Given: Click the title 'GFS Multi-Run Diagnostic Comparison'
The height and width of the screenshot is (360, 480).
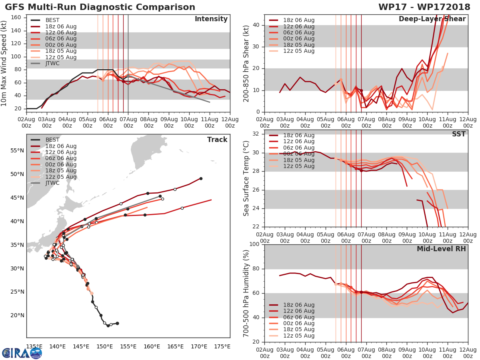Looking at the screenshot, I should [100, 7].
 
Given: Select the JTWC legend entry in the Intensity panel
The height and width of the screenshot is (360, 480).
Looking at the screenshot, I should [55, 64].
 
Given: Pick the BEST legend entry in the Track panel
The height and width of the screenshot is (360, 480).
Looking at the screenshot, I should [52, 140].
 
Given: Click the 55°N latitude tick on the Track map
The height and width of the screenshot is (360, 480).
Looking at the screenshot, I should [17, 150].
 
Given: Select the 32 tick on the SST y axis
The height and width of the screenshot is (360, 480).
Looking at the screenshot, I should [256, 134].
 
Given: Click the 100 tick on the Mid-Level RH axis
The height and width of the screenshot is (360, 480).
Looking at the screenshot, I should [255, 244].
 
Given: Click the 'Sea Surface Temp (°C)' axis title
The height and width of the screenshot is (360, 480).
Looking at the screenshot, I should [246, 178].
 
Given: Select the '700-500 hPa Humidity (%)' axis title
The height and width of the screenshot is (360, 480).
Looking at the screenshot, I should [246, 293].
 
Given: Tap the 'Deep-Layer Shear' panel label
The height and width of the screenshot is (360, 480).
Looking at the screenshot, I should [432, 19].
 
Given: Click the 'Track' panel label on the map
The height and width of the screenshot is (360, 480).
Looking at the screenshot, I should [217, 140].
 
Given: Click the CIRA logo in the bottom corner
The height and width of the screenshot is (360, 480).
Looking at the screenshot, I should [22, 353].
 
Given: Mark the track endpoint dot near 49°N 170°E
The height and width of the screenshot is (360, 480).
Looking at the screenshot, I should [201, 178].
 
